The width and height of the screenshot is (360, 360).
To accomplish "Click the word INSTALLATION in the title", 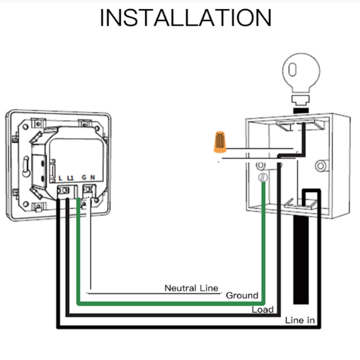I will (x=185, y=17).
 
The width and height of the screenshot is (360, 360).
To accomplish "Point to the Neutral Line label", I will (x=191, y=288).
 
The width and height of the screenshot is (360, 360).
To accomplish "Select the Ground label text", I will (x=242, y=295).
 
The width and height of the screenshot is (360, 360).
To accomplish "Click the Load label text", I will (x=263, y=310).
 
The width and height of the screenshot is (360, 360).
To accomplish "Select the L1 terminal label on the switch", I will (x=71, y=178).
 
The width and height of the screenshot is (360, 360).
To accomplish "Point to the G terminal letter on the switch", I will (x=84, y=178).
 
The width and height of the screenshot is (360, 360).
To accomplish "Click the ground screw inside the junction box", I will (x=262, y=178).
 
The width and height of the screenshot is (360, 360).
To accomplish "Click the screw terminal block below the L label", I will (x=62, y=191).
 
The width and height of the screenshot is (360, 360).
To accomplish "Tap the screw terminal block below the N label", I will (x=90, y=191).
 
